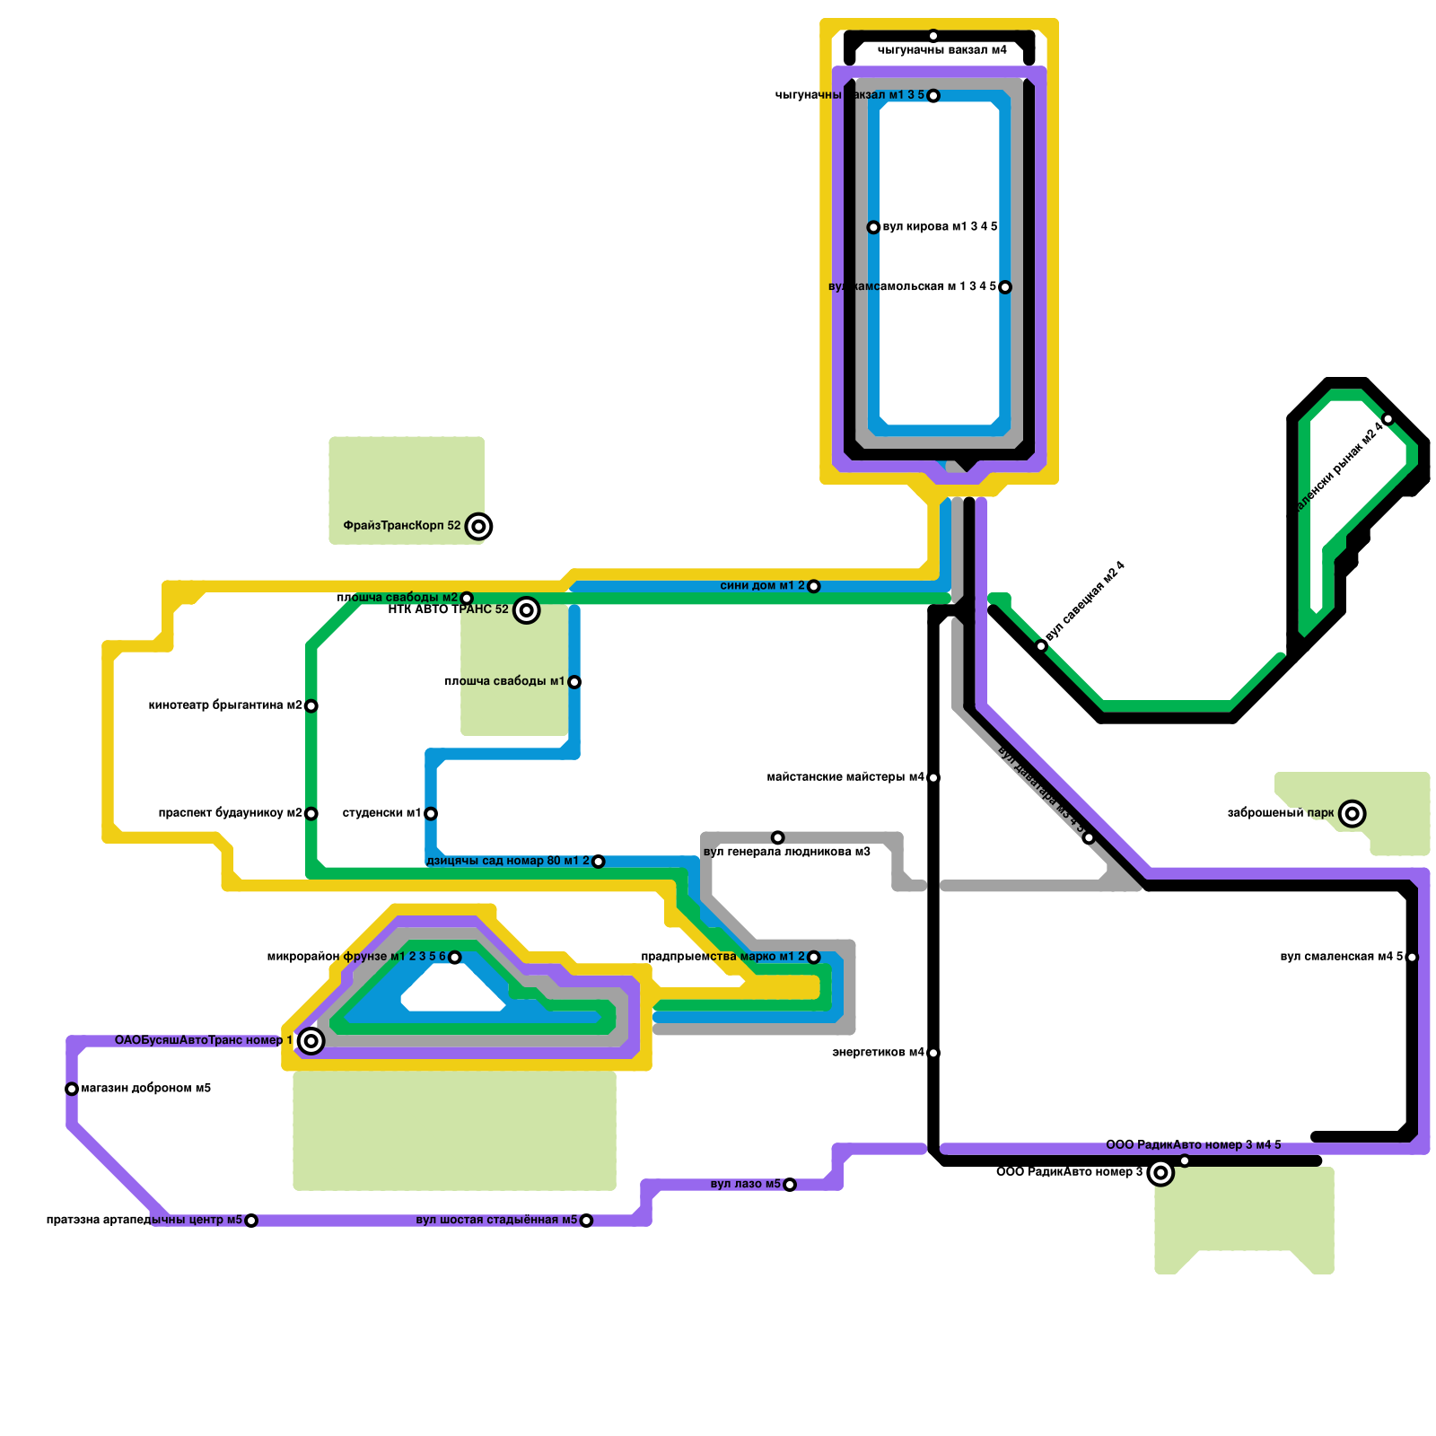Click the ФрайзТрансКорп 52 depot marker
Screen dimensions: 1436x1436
pyautogui.click(x=479, y=526)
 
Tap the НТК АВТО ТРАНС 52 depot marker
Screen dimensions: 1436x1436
pyautogui.click(x=527, y=610)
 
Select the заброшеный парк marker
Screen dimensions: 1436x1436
pyautogui.click(x=1353, y=814)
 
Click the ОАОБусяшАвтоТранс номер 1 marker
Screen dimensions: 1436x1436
pyautogui.click(x=311, y=1041)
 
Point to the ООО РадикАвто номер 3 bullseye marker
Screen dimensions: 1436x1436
pyautogui.click(x=1160, y=1173)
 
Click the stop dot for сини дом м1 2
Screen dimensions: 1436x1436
pyautogui.click(x=814, y=587)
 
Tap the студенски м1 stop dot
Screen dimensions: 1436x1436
pyautogui.click(x=431, y=814)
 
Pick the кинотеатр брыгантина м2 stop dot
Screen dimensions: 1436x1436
pyautogui.click(x=311, y=706)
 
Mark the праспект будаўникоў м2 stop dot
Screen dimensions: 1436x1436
pyautogui.click(x=311, y=814)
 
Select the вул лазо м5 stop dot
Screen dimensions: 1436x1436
pyautogui.click(x=790, y=1185)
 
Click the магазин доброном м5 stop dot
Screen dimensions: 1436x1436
pyautogui.click(x=72, y=1090)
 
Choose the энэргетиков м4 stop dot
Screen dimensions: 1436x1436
pyautogui.click(x=933, y=1053)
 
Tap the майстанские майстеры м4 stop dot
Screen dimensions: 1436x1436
pyautogui.click(x=933, y=777)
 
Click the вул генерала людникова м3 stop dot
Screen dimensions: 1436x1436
pyautogui.click(x=778, y=837)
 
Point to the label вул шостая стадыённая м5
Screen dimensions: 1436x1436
pyautogui.click(x=496, y=1221)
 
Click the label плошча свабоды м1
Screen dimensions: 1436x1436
pyautogui.click(x=504, y=682)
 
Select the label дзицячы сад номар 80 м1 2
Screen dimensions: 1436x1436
pyautogui.click(x=508, y=862)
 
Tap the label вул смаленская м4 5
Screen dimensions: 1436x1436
pyautogui.click(x=1341, y=957)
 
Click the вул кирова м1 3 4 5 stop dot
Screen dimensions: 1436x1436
pyautogui.click(x=873, y=228)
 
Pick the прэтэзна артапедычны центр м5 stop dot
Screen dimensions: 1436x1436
pyautogui.click(x=251, y=1221)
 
